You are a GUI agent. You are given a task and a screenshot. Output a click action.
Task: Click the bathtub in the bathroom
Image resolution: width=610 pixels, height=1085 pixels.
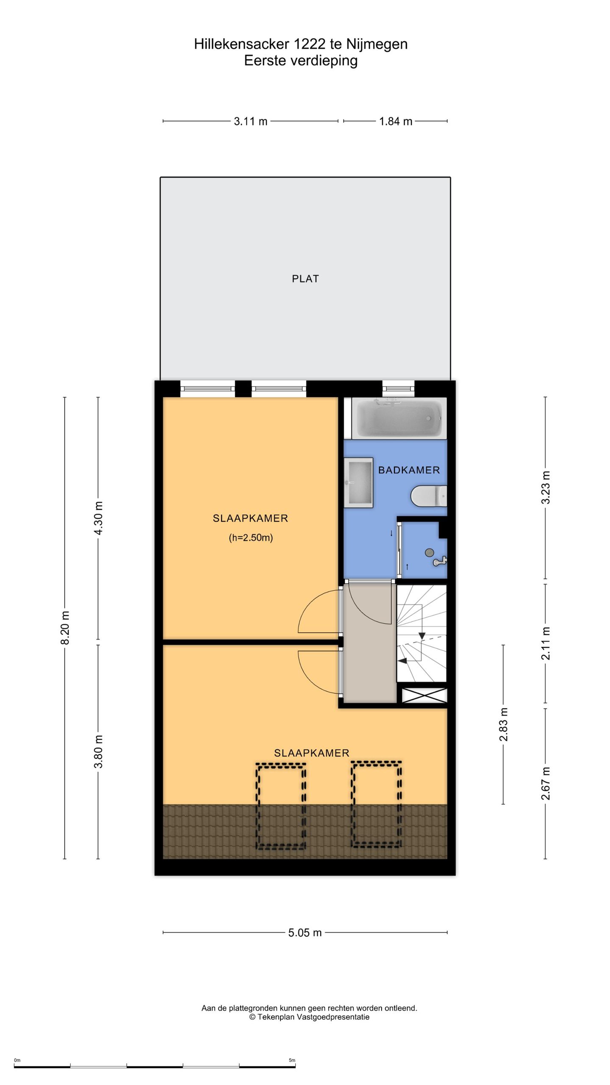point(399,418)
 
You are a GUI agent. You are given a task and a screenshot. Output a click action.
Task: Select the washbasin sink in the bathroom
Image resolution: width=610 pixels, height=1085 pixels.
point(358,482)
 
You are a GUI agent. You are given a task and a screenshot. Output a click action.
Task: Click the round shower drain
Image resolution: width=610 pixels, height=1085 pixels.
point(429,552)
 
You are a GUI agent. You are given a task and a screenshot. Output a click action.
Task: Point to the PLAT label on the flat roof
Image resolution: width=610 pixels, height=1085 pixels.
point(305,278)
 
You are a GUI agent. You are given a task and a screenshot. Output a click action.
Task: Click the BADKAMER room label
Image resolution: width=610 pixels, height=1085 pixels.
point(409,470)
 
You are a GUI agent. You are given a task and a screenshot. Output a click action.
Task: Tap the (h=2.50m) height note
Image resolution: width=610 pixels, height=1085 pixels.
point(251,538)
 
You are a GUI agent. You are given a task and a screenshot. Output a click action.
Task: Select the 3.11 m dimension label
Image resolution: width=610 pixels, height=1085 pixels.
point(251,121)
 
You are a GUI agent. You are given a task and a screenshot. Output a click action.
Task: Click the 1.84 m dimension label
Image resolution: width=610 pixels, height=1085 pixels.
point(396,121)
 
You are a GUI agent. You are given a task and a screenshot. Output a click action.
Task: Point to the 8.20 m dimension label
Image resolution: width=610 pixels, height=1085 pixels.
point(65,628)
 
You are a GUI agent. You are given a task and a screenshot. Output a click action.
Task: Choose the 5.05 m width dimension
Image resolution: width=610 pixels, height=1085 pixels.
point(305,932)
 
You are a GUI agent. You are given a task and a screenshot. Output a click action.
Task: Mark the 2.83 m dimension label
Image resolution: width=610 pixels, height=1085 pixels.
point(503,724)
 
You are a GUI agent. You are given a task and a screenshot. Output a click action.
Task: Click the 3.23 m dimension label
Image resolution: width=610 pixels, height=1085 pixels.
point(546,487)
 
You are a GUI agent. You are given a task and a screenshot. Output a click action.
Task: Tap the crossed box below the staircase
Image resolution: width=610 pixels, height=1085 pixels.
point(424,696)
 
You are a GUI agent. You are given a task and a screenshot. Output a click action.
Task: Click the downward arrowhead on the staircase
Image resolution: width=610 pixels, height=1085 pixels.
point(422,636)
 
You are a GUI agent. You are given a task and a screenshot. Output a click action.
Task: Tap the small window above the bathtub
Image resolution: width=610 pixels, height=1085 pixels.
point(399,389)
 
